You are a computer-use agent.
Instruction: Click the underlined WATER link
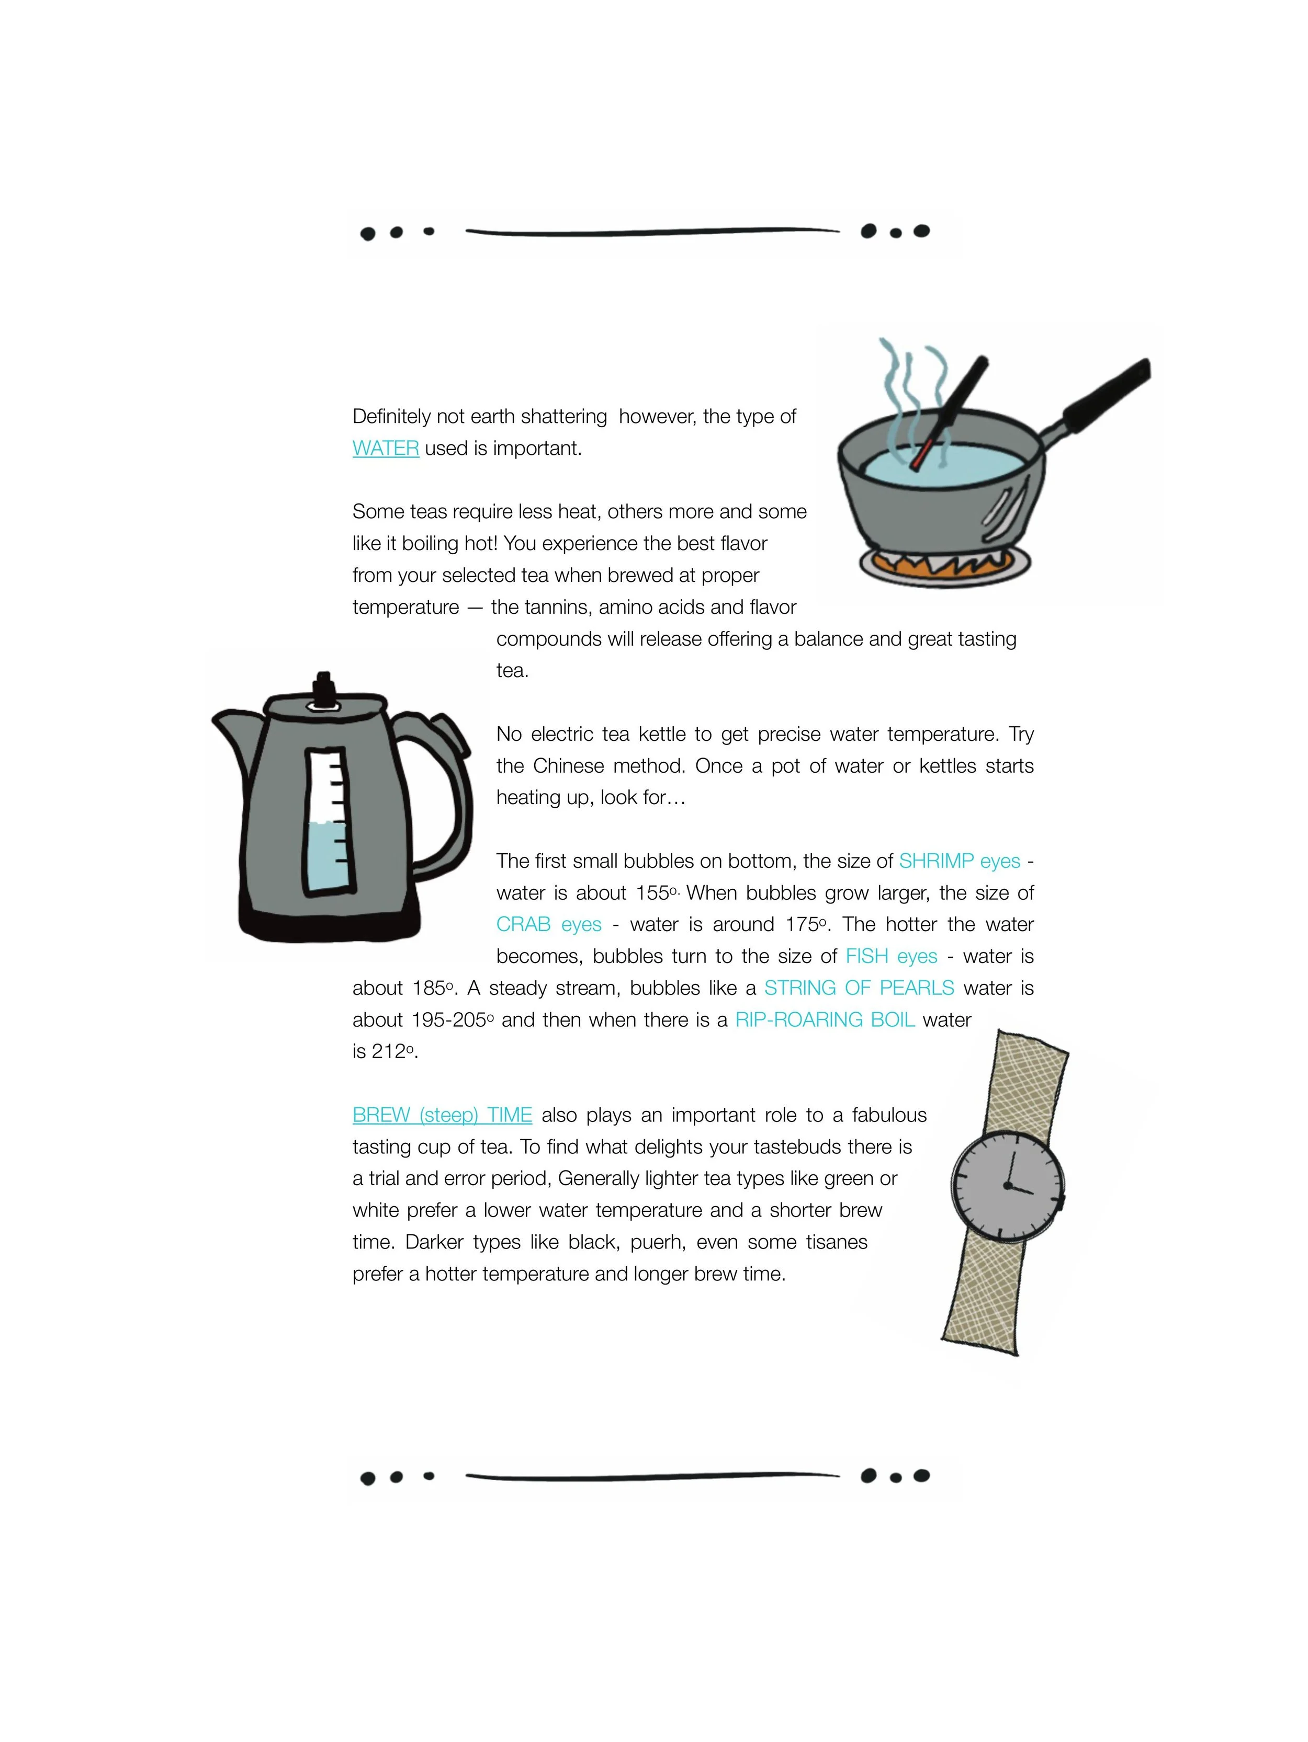385,448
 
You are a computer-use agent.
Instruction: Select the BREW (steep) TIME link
442,1115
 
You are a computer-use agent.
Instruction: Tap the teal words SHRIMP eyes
959,861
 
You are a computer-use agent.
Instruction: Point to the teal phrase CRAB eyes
548,924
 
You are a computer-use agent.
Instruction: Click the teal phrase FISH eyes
891,956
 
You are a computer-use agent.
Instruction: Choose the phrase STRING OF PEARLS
859,988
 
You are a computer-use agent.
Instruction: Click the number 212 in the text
388,1051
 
